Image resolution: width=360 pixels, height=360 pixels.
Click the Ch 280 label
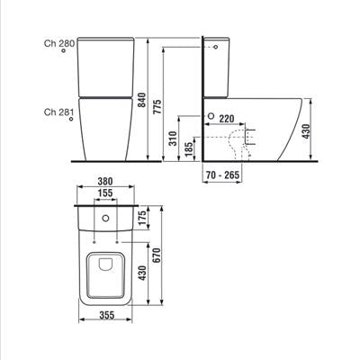tap(59, 43)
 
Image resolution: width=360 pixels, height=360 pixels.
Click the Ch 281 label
tap(58, 112)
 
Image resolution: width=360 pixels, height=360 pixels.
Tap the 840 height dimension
tap(141, 100)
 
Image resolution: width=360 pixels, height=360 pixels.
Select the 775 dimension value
tap(157, 106)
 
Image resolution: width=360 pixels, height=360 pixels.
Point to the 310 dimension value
tap(173, 138)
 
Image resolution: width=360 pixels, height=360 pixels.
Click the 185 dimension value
tap(189, 149)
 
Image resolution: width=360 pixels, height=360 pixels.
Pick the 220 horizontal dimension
tap(226, 119)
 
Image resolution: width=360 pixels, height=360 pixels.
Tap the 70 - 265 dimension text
tap(223, 175)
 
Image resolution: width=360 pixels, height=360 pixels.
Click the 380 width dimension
tap(105, 181)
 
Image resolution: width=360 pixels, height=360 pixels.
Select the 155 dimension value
tap(105, 193)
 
